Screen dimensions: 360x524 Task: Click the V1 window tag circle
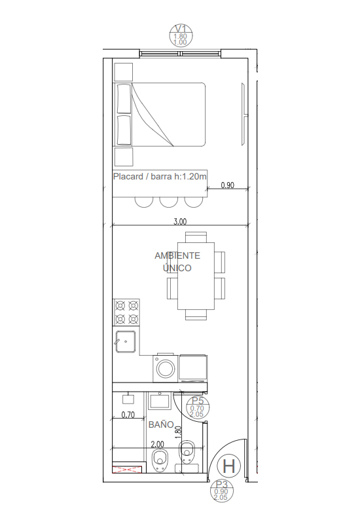tap(181, 35)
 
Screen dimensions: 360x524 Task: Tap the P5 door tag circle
tap(198, 407)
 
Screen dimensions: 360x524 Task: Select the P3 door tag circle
tap(221, 491)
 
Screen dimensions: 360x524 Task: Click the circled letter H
tap(228, 466)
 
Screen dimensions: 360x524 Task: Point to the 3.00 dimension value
tap(180, 221)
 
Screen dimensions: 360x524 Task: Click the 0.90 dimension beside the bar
tap(227, 185)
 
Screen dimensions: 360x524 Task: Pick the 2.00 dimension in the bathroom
tap(157, 445)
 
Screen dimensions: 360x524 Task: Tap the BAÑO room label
tap(161, 424)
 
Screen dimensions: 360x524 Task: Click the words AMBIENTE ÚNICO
tap(177, 261)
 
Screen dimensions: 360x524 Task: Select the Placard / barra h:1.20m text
tap(160, 176)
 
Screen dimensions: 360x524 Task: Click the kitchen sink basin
tap(126, 341)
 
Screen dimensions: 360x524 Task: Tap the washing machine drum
tap(166, 369)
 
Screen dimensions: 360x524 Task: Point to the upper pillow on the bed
tap(124, 99)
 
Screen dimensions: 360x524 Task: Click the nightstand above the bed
tap(124, 72)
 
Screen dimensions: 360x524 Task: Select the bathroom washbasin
tap(160, 400)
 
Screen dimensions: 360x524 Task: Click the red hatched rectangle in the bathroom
tap(127, 470)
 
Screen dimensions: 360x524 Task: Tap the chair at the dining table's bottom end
tap(196, 315)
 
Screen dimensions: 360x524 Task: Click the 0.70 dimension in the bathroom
tap(128, 415)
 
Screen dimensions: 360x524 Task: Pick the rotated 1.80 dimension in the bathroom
tap(178, 432)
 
